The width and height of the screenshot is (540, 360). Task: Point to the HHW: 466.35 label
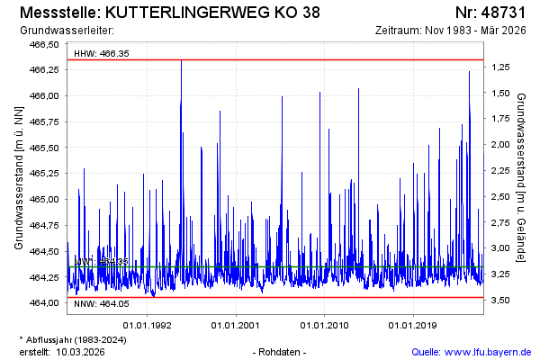point(102,53)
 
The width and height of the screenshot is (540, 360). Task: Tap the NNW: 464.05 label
point(102,303)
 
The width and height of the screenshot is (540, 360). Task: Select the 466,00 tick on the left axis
point(44,95)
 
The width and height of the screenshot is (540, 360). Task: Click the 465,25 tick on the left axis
point(44,173)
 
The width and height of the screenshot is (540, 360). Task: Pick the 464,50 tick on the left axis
point(44,251)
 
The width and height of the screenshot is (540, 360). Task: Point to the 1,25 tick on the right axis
point(501,67)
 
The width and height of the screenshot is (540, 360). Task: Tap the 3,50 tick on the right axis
point(501,300)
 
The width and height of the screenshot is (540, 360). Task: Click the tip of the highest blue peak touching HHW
point(181,60)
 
